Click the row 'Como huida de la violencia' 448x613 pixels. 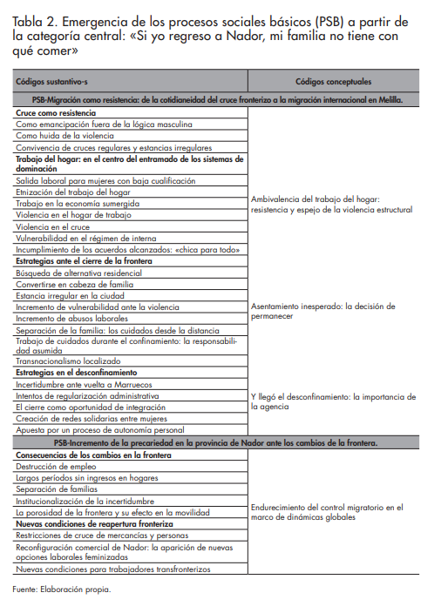(x=68, y=137)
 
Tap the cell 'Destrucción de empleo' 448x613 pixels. (x=55, y=466)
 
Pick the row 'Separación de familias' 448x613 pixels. (x=57, y=489)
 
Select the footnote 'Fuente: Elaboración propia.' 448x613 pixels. (x=61, y=589)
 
